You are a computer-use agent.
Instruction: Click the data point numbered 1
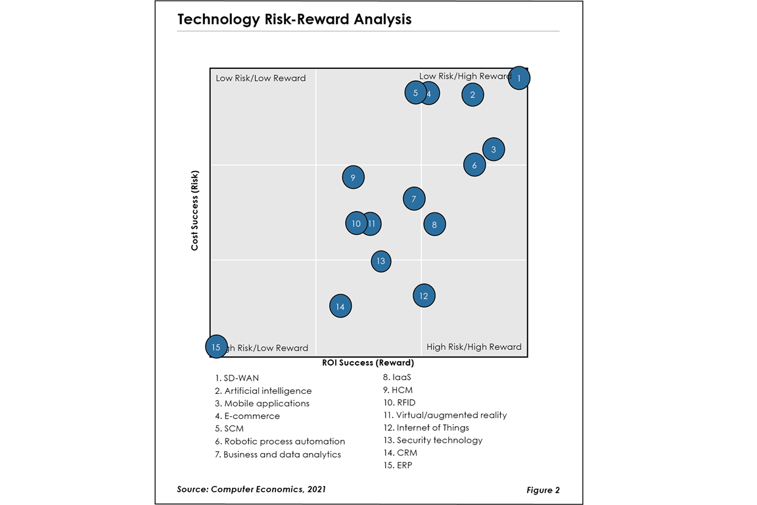point(519,78)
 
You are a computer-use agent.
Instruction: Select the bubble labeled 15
point(216,347)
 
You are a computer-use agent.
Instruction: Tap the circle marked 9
point(353,178)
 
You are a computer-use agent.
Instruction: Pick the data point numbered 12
point(424,296)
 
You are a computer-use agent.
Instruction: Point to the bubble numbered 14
point(340,306)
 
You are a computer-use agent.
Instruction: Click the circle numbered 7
point(414,199)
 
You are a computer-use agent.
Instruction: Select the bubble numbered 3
point(493,149)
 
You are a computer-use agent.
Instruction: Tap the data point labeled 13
point(381,261)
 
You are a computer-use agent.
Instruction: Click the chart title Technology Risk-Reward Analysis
point(294,19)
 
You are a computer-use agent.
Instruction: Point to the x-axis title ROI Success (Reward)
point(368,363)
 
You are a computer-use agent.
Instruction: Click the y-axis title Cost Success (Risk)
point(195,210)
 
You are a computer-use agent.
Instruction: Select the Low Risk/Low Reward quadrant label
point(261,78)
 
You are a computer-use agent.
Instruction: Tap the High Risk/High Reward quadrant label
point(474,347)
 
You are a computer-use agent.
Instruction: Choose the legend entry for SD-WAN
point(237,378)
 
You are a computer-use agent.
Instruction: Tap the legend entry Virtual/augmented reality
point(445,416)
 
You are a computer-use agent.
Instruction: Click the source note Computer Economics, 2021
point(251,489)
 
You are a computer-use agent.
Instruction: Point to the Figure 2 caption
point(543,490)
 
